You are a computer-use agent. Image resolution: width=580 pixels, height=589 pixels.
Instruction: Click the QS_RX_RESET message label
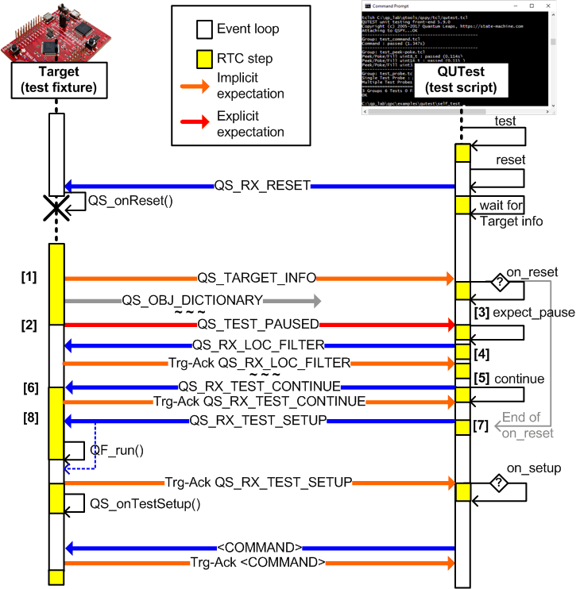pos(261,187)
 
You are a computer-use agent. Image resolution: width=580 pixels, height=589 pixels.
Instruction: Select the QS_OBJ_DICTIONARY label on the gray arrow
pos(192,301)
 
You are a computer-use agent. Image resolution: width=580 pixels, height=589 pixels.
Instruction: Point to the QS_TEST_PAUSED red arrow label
pos(257,324)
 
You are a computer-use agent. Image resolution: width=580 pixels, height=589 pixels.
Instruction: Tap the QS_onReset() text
pos(131,202)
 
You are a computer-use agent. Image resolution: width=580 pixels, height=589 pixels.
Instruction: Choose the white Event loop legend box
pos(203,30)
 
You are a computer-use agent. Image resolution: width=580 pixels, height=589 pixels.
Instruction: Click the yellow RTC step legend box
pos(203,58)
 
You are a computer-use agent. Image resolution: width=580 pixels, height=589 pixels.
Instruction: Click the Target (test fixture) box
pos(56,80)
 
